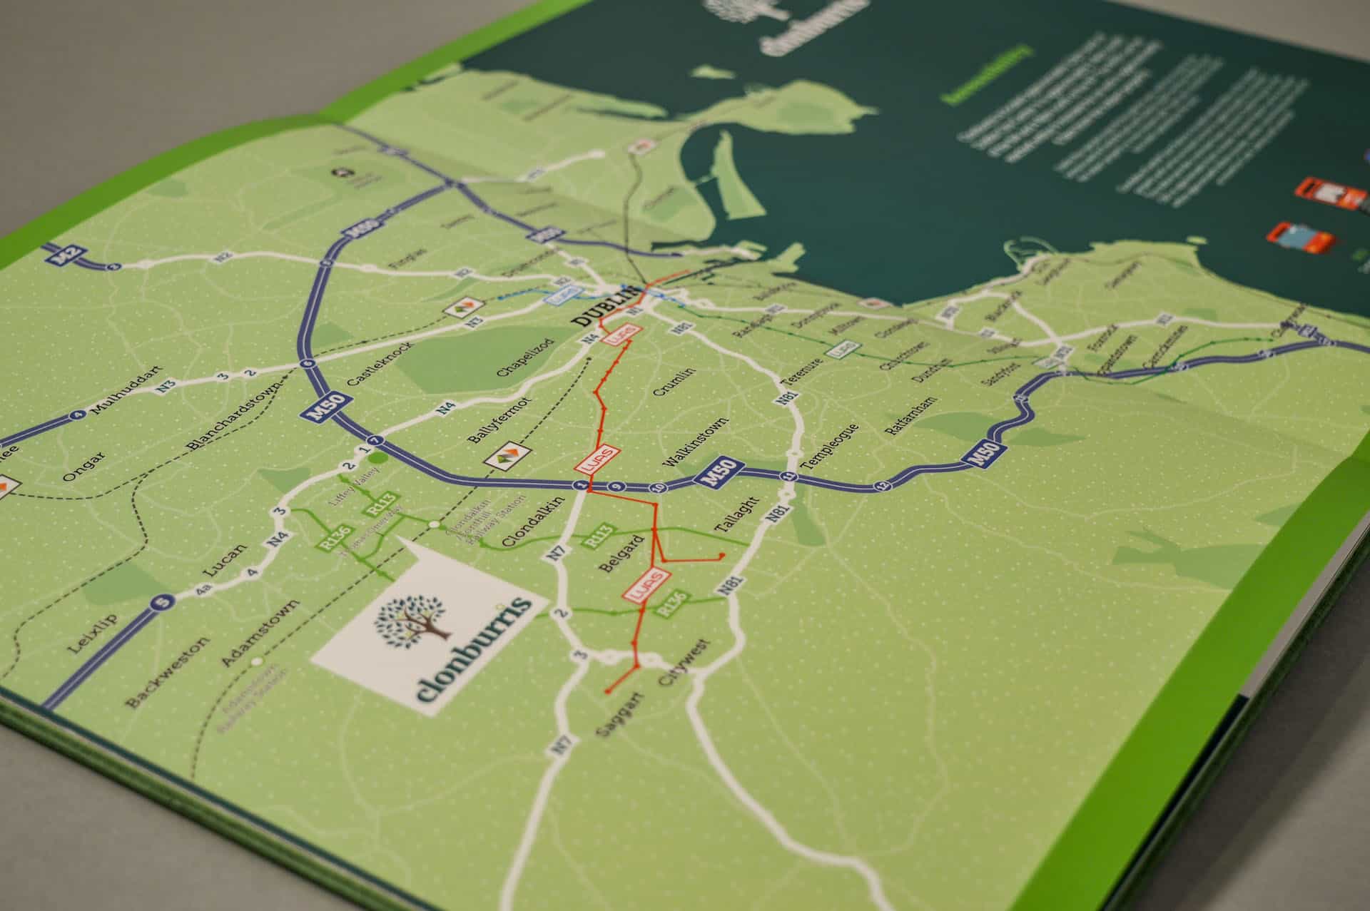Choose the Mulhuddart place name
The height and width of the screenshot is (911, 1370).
(x=118, y=398)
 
